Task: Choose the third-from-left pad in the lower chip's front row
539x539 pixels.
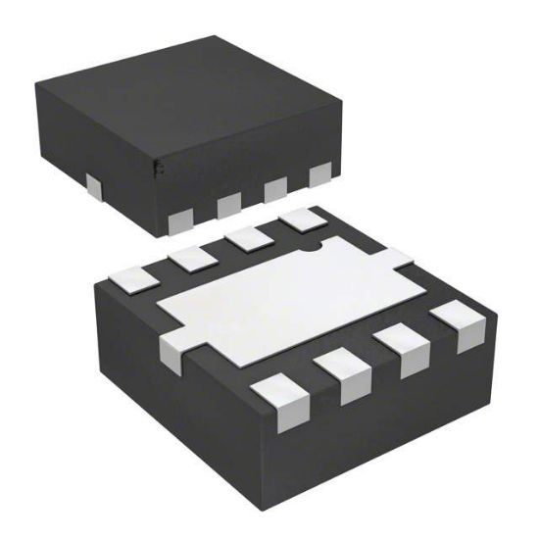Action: click(405, 348)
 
